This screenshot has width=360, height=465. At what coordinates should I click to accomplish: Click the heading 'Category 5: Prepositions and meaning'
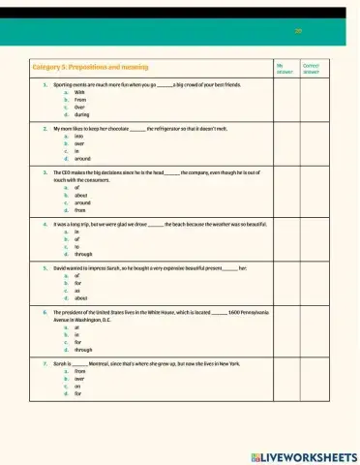(x=90, y=67)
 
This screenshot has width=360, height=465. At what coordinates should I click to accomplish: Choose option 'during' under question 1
(x=81, y=114)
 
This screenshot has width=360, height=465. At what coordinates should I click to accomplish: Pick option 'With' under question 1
(x=80, y=93)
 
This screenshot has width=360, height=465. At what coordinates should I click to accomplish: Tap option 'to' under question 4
(x=77, y=247)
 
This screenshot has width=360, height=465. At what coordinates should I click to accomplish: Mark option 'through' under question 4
(x=83, y=254)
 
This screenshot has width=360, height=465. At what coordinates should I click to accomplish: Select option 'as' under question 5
(x=77, y=291)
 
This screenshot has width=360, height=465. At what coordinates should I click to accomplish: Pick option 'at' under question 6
(x=77, y=327)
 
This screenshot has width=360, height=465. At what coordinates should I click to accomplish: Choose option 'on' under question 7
(x=77, y=385)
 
